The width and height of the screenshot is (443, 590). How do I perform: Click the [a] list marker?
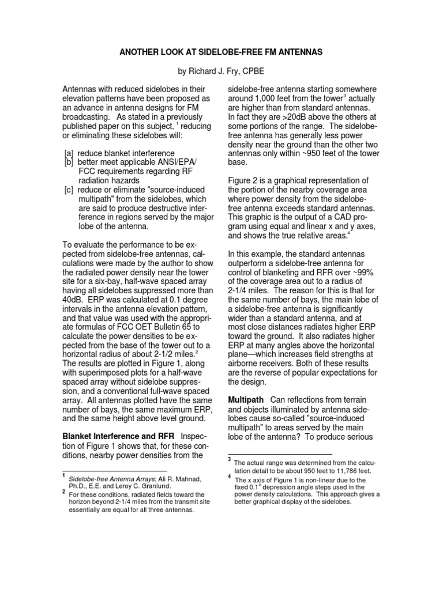(69, 154)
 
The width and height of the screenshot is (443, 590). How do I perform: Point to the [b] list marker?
(69, 162)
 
